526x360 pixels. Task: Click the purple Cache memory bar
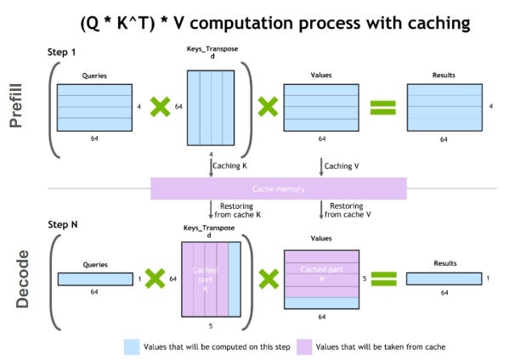278,188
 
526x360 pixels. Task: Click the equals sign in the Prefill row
383,107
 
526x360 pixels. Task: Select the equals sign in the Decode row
383,278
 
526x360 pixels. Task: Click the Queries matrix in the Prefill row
94,106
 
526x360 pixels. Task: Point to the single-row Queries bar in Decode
94,278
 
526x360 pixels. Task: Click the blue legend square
131,346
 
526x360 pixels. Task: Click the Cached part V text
320,273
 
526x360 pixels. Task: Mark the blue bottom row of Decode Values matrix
320,302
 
